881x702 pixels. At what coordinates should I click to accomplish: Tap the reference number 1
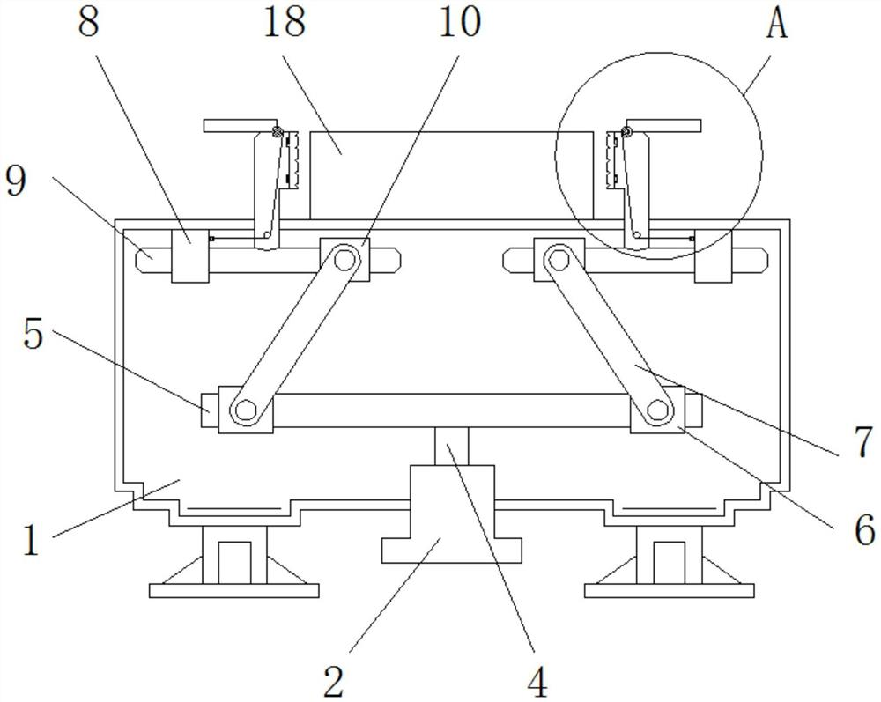pos(30,539)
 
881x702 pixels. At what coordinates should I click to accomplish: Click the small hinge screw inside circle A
pos(626,133)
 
